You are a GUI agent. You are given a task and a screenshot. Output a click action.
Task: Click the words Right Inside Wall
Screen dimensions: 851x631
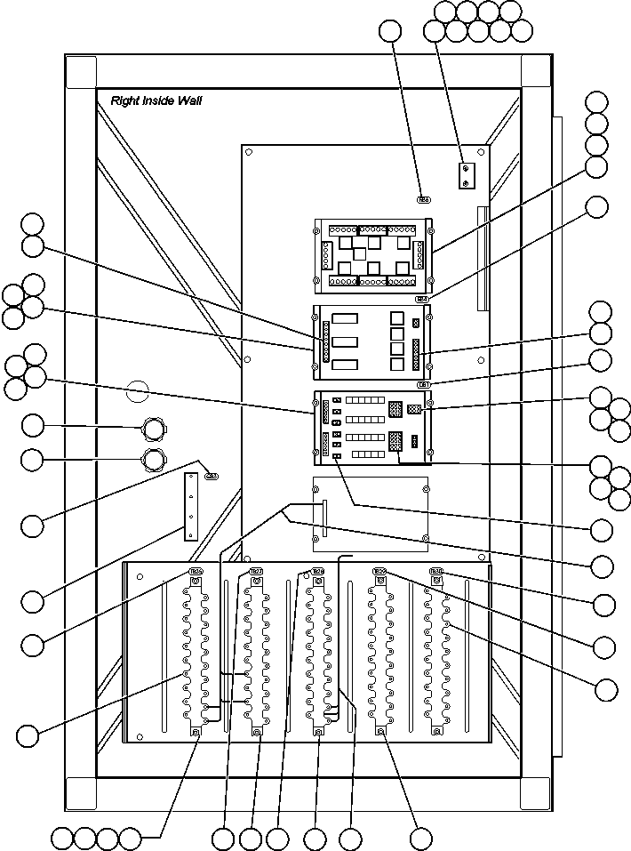pos(156,101)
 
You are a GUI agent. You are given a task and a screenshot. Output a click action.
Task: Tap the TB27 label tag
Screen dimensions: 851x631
pos(256,572)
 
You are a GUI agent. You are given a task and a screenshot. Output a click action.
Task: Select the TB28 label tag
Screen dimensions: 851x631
pos(317,572)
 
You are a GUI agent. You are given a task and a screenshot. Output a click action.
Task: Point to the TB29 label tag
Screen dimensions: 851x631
pos(379,572)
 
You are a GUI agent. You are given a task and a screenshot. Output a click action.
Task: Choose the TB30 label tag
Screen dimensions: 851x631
pos(437,572)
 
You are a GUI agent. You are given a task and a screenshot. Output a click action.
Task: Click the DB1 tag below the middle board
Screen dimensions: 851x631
pos(425,384)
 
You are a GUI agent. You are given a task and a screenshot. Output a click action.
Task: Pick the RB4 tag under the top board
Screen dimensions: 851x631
pos(423,300)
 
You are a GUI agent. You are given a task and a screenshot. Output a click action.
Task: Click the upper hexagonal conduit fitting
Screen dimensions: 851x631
pos(154,431)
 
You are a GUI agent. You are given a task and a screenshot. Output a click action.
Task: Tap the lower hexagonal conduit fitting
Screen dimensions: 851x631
pos(154,461)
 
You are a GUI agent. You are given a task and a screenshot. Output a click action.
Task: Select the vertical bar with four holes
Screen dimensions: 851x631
pos(191,506)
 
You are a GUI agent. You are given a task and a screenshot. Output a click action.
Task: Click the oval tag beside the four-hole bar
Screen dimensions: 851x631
pos(211,477)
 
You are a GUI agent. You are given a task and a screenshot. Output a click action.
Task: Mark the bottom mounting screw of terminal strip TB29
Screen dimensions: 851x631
pos(380,732)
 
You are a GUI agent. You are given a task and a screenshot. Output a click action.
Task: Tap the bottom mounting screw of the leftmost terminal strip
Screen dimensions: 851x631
pos(196,732)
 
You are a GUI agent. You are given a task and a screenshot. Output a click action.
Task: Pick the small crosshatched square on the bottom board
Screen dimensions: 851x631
pos(413,410)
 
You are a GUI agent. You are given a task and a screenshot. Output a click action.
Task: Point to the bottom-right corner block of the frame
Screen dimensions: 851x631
pos(535,792)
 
